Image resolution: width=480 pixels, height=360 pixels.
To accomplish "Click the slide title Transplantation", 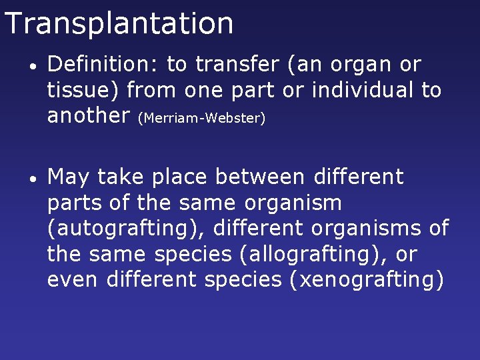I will tap(119, 23).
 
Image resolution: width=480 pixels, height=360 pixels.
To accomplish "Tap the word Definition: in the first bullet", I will tap(103, 65).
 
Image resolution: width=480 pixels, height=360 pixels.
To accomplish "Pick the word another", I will tap(89, 115).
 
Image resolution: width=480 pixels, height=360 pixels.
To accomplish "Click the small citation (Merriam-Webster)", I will tap(201, 119).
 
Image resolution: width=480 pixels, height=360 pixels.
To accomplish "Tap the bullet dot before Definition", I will tap(33, 67).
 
